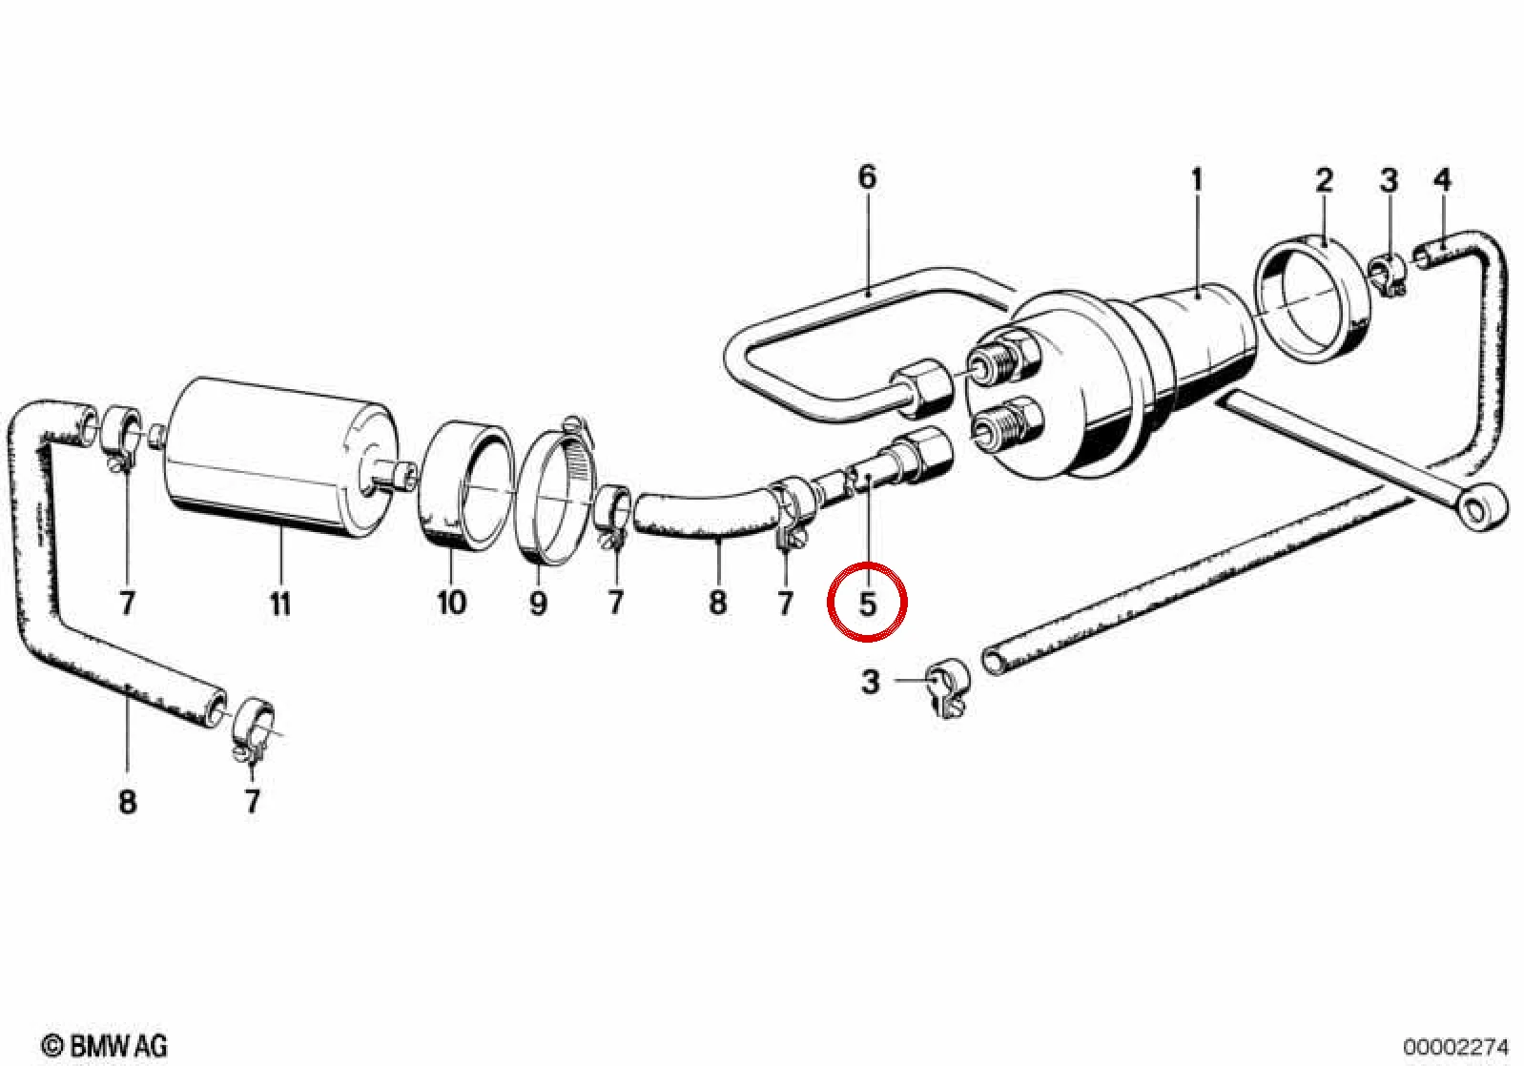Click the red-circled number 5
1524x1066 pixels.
click(868, 604)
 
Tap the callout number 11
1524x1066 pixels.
click(280, 604)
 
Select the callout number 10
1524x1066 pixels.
click(452, 603)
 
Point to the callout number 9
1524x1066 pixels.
click(538, 603)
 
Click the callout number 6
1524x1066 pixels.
click(867, 178)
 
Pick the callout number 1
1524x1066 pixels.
click(1196, 180)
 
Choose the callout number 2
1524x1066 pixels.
click(1324, 180)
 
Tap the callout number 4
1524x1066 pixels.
click(1442, 180)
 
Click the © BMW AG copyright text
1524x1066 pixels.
click(104, 1046)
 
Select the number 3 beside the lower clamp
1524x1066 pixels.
click(870, 683)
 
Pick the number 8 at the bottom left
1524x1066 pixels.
click(127, 803)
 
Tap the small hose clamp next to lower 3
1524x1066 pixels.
click(947, 687)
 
